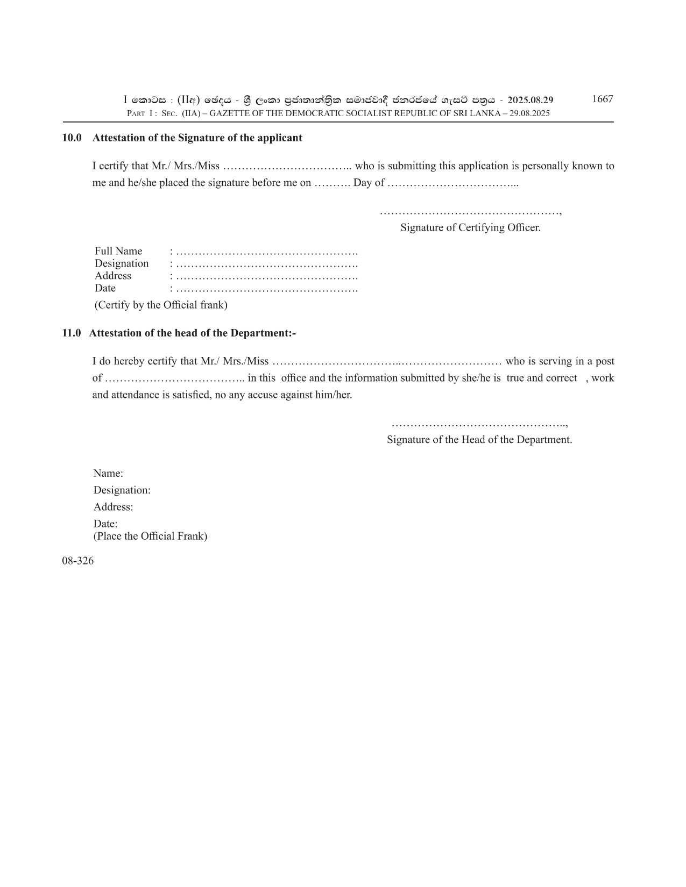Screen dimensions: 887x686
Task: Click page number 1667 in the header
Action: point(602,99)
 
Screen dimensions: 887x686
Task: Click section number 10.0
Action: point(72,138)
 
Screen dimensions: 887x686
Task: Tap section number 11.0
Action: point(72,333)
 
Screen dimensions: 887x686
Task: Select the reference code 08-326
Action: point(77,561)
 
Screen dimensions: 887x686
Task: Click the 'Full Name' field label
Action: point(118,251)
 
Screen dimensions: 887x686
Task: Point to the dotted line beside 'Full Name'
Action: point(266,252)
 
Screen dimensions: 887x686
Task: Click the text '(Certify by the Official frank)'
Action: point(161,305)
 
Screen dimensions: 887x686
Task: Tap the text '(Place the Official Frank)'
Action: point(150,536)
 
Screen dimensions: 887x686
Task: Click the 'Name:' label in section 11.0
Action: point(108,473)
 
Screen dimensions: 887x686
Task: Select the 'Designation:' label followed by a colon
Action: point(122,490)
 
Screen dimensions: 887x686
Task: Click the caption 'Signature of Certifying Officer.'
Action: point(470,227)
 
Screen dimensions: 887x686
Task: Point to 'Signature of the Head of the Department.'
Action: point(479,439)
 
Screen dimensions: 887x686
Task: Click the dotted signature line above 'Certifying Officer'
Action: point(470,212)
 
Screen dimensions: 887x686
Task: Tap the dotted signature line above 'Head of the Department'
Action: point(479,425)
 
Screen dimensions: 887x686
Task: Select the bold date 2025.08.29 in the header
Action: point(530,100)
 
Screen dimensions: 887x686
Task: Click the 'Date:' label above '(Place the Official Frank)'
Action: point(105,523)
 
